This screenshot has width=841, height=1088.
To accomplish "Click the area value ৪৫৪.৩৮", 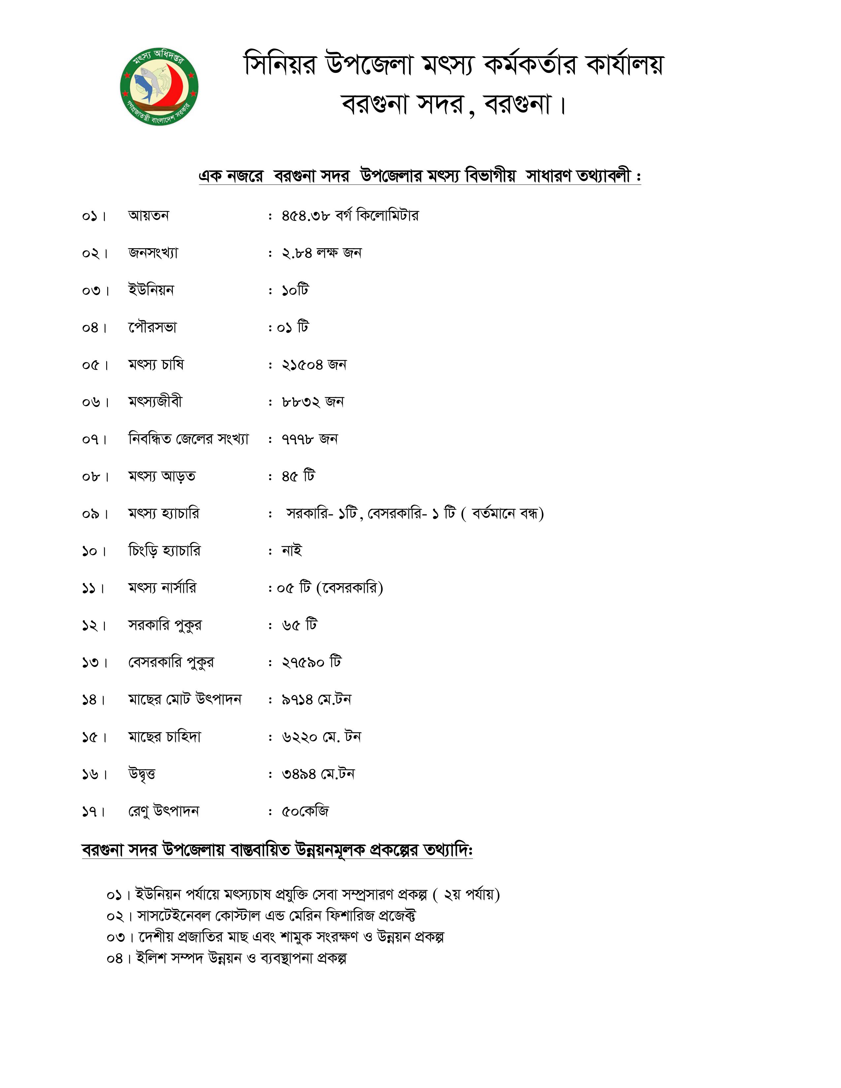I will point(305,216).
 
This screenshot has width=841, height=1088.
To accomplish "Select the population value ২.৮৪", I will point(296,253).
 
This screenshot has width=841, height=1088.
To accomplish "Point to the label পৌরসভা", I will point(152,328).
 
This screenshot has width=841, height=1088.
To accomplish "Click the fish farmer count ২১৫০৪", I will point(302,365).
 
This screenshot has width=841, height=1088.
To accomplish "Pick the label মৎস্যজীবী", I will point(155,402).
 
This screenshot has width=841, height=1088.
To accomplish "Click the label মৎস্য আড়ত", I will point(161,476).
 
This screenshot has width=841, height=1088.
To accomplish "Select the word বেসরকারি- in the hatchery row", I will point(397,514).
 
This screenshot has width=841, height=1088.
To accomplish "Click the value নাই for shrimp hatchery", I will point(292,551).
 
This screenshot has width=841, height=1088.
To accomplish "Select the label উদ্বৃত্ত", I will point(142,774).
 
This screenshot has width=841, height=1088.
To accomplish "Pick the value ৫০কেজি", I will point(305,811).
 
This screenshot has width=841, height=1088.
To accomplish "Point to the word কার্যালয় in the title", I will point(624,65).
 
